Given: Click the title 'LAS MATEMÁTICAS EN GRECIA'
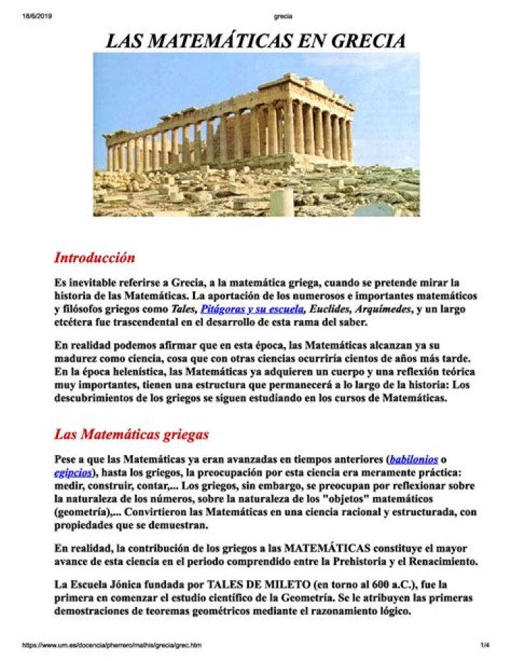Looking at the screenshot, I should coord(255,40).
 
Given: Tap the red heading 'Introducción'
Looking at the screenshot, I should coord(94,257).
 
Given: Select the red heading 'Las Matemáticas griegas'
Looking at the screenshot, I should coord(131,433).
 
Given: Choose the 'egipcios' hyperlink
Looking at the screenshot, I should coord(72,472).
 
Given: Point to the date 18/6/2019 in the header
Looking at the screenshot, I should coord(37,16).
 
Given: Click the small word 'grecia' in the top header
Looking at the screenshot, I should coord(282,16).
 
